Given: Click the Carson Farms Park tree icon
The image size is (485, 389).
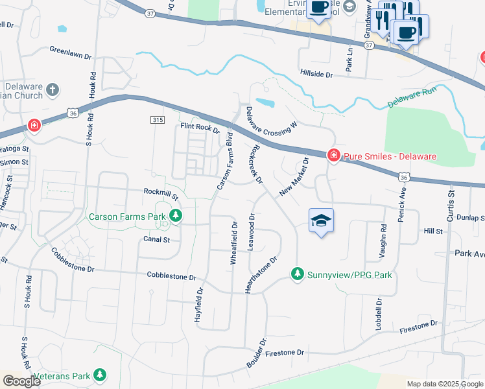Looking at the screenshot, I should (175, 216).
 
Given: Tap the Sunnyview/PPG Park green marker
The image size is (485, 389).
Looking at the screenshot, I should (298, 275).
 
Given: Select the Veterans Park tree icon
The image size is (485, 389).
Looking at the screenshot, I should (99, 375).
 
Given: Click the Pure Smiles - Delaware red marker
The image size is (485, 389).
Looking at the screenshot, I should (333, 156).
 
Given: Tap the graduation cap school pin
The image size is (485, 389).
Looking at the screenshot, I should (321, 221).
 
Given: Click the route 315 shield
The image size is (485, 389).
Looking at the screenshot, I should (157, 120).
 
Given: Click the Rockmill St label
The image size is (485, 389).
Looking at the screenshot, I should (161, 192).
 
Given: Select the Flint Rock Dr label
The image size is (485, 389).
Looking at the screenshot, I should (201, 128).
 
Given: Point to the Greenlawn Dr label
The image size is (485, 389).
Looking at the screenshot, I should (70, 53).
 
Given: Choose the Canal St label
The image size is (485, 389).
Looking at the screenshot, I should (156, 239).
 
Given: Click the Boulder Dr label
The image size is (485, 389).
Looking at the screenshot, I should (257, 353).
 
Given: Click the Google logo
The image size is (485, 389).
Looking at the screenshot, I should (21, 381).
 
